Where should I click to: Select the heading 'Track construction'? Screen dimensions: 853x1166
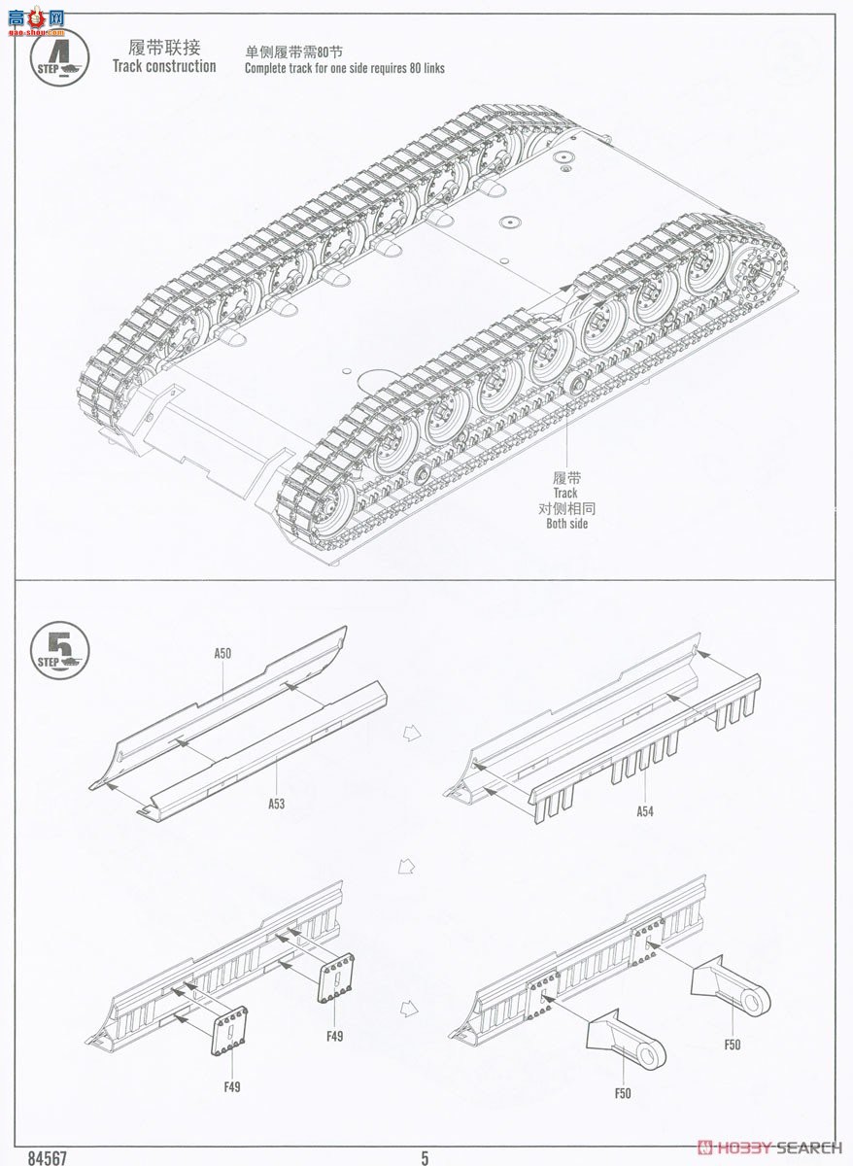(x=164, y=66)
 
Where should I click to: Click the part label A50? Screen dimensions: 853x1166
(x=222, y=654)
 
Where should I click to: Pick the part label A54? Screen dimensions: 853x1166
(x=644, y=809)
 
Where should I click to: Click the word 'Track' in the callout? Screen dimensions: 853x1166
(x=566, y=494)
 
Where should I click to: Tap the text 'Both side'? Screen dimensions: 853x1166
(x=566, y=524)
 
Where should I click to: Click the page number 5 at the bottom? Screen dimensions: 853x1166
(x=425, y=1157)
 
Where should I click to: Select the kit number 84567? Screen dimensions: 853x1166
(x=48, y=1157)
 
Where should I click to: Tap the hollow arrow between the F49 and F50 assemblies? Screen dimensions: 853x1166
(x=411, y=982)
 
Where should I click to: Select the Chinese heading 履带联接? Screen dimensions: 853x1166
(x=163, y=47)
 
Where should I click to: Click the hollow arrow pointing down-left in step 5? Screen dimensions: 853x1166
(x=408, y=864)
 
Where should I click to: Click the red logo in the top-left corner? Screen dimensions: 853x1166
(x=33, y=18)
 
